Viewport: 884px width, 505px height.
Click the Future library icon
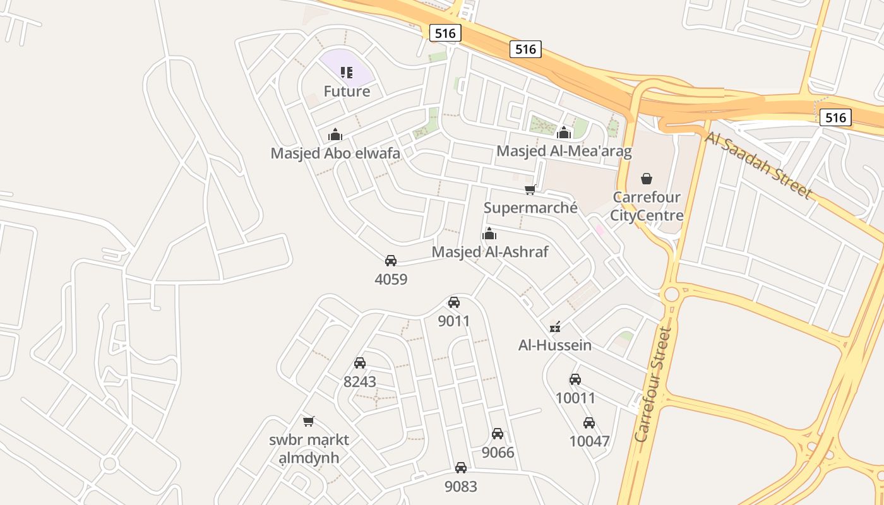click(x=346, y=73)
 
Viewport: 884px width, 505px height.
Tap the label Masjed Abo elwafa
click(x=335, y=153)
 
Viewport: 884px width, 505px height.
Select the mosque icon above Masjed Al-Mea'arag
click(x=564, y=133)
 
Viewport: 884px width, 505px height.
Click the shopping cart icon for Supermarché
click(x=530, y=189)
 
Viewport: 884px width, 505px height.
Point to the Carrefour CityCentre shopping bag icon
click(x=647, y=179)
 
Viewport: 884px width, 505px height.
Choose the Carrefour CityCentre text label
click(x=647, y=206)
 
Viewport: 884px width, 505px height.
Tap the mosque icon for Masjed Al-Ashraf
click(x=489, y=234)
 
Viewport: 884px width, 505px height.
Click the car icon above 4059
click(x=391, y=261)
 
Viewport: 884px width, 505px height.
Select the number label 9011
click(x=454, y=321)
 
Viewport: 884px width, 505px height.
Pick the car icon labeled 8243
click(x=360, y=363)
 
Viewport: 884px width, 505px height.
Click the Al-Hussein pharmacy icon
click(x=555, y=327)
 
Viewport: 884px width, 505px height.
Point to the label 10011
click(x=575, y=398)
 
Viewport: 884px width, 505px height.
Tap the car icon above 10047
click(x=589, y=423)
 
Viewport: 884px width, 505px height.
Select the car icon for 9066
click(x=498, y=434)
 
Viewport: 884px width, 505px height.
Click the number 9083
click(x=461, y=487)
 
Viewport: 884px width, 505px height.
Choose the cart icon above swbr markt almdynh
click(x=309, y=421)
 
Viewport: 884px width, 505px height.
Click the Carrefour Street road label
click(x=653, y=384)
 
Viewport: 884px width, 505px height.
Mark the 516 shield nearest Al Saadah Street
click(x=835, y=117)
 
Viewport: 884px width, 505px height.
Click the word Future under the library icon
click(x=347, y=92)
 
